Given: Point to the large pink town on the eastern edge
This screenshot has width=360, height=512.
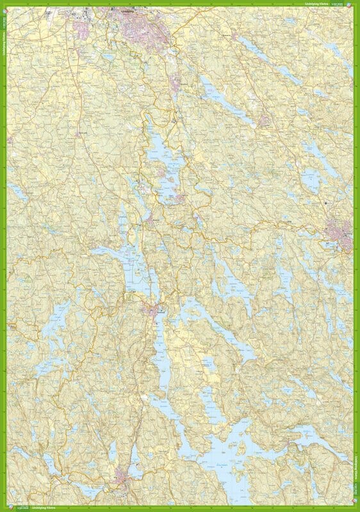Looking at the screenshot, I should click(x=338, y=234).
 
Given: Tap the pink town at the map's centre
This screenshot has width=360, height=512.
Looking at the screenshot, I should click(x=152, y=312).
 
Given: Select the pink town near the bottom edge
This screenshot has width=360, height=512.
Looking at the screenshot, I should click(x=122, y=476).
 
